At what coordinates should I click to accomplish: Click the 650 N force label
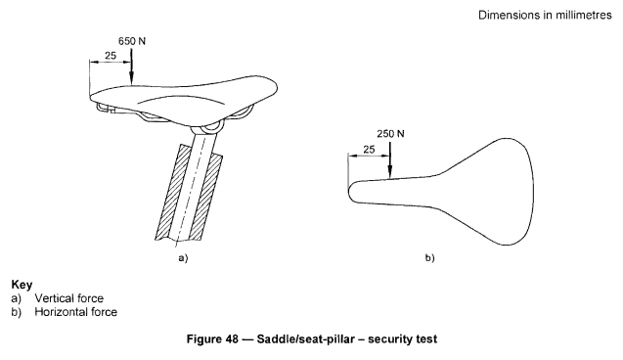click(132, 41)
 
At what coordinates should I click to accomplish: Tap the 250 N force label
click(390, 134)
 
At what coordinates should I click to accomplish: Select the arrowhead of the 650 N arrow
click(131, 78)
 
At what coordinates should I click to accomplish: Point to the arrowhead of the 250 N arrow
click(390, 172)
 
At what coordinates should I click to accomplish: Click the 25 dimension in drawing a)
click(111, 56)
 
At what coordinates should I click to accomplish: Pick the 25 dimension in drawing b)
click(369, 150)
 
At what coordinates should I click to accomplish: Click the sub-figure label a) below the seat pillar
click(183, 258)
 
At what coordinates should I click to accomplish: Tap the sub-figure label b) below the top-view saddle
click(430, 258)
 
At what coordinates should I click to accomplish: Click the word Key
click(22, 285)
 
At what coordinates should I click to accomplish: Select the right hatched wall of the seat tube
click(207, 197)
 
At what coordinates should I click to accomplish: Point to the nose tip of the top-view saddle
click(348, 192)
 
